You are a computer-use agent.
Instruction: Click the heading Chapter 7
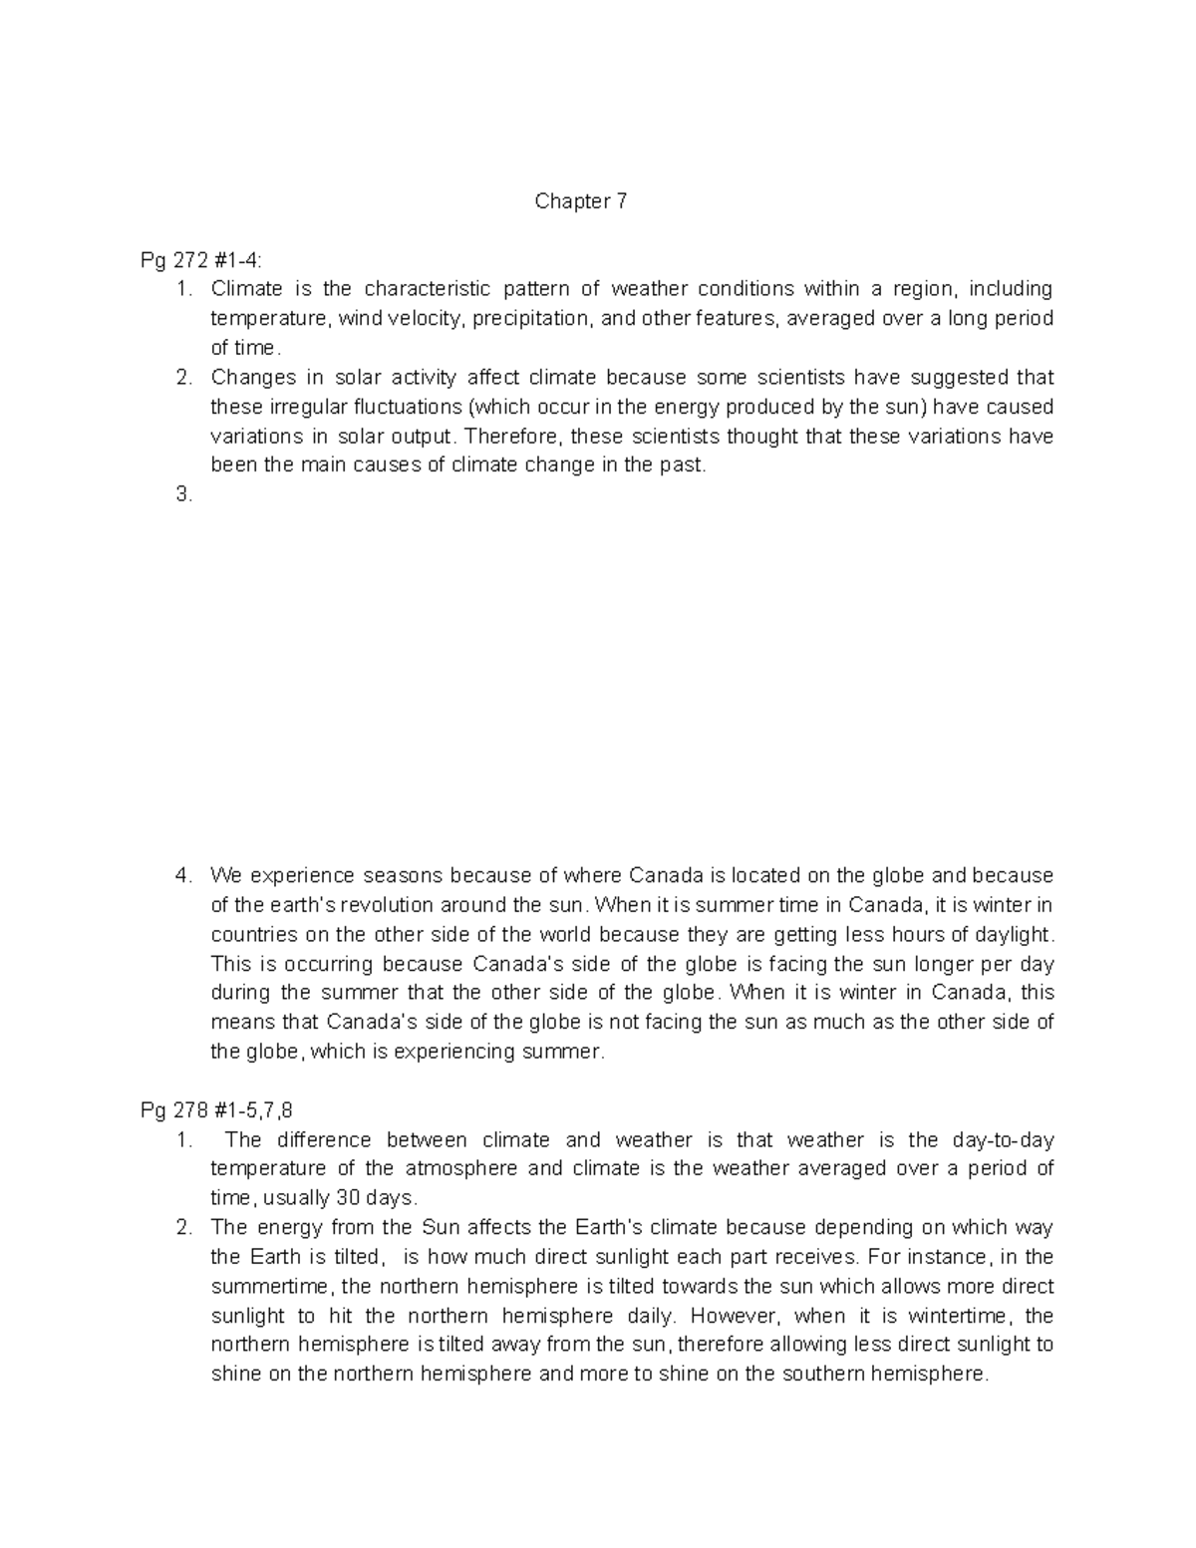pyautogui.click(x=581, y=202)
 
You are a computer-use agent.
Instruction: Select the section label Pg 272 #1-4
pyautogui.click(x=202, y=261)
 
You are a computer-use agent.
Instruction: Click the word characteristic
pyautogui.click(x=427, y=290)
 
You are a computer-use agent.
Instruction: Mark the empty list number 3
pyautogui.click(x=182, y=495)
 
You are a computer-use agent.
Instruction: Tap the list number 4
pyautogui.click(x=182, y=876)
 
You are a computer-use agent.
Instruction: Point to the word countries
pyautogui.click(x=254, y=935)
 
